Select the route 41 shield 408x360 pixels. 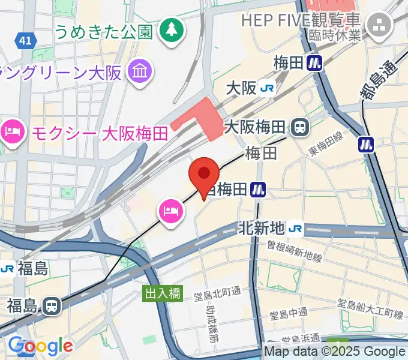coord(25,40)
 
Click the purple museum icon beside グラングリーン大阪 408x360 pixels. coord(140,73)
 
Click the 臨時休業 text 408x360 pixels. coord(335,35)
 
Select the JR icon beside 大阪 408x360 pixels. coord(267,89)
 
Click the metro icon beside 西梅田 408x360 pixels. coord(259,190)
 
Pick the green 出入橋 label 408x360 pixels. coord(161,293)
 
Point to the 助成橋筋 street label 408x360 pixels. coord(211,325)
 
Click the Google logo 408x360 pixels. coord(40,346)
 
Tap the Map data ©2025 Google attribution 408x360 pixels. coord(335,352)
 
